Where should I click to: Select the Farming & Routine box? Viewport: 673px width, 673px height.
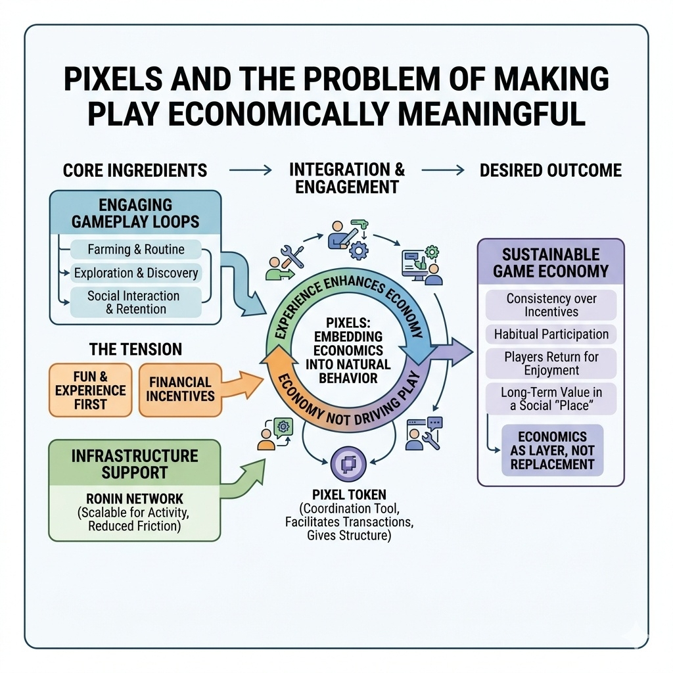[x=135, y=250]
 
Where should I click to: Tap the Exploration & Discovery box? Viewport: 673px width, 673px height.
[x=135, y=273]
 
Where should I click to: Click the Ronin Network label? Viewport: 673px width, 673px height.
[x=134, y=498]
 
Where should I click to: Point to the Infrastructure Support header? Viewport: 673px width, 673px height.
[x=134, y=463]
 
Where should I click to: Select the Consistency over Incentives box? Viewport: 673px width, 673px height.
[x=551, y=306]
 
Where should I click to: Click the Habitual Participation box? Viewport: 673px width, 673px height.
[x=551, y=335]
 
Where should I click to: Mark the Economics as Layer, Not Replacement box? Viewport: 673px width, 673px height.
[x=552, y=450]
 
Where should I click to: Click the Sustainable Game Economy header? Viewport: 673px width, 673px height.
[x=551, y=263]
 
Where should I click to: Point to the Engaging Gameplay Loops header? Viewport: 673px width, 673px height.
[x=135, y=213]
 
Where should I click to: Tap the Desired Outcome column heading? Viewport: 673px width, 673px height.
[x=550, y=171]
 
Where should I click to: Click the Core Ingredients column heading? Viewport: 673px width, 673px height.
[x=135, y=171]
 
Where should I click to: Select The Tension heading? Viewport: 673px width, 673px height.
[x=135, y=349]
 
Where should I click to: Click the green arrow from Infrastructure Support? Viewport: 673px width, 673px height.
[x=243, y=477]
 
